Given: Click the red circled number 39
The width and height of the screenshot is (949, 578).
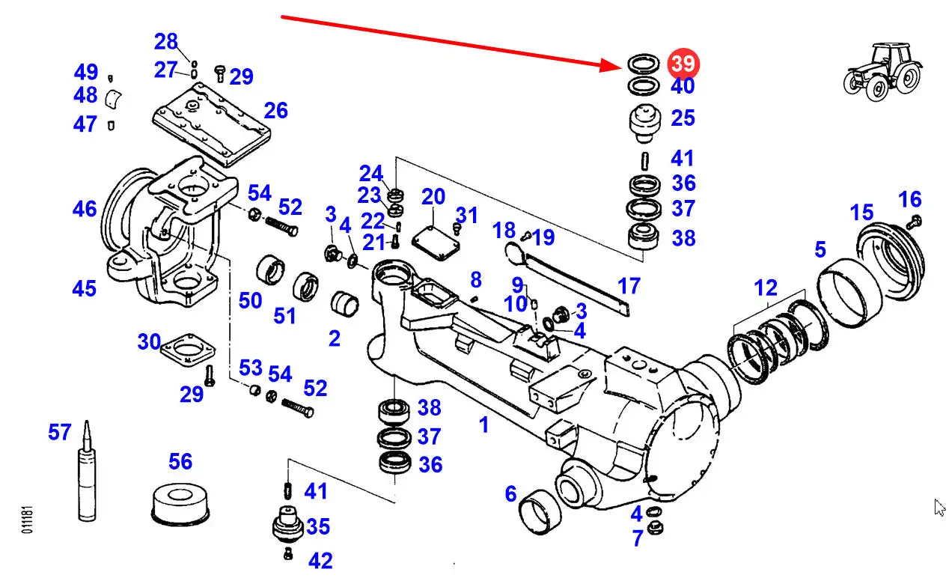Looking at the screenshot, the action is (683, 64).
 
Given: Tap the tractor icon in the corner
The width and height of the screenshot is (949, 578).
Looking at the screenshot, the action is (882, 71).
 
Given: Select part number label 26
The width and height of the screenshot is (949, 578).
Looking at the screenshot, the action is (276, 111).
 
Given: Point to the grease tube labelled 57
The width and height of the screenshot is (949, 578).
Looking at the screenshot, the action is (87, 471).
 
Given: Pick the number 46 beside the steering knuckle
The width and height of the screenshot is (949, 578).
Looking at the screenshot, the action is (85, 209).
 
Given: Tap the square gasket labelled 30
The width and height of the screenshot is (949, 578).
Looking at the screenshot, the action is (188, 350).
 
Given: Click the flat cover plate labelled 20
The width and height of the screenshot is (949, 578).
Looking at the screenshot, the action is (436, 243).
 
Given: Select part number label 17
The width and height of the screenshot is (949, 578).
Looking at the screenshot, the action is (629, 286).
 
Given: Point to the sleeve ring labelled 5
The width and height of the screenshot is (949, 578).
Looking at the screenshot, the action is (849, 293).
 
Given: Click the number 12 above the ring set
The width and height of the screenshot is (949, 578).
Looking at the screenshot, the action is (766, 288).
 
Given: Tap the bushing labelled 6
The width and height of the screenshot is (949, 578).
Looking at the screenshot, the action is (540, 512).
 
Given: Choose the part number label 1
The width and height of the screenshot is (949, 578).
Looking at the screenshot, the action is (484, 425).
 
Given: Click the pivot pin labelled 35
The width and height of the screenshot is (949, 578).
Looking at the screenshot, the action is (288, 524).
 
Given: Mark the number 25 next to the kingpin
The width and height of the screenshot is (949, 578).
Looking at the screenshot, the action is (683, 118).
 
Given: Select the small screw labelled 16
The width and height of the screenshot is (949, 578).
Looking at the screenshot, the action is (915, 222).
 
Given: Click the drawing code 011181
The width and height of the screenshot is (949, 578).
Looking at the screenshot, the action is (27, 520).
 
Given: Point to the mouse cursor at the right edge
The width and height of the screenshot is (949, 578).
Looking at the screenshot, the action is (939, 507).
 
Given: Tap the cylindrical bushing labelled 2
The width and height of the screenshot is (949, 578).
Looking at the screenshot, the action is (344, 304).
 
